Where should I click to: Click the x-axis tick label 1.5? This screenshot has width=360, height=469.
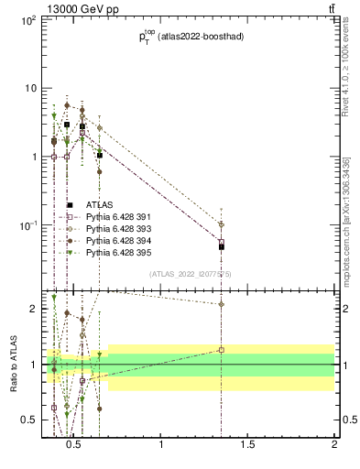pyautogui.click(x=248, y=445)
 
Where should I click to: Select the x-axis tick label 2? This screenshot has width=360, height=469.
pyautogui.click(x=334, y=445)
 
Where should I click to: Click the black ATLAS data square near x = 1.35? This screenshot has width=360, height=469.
pyautogui.click(x=222, y=246)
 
